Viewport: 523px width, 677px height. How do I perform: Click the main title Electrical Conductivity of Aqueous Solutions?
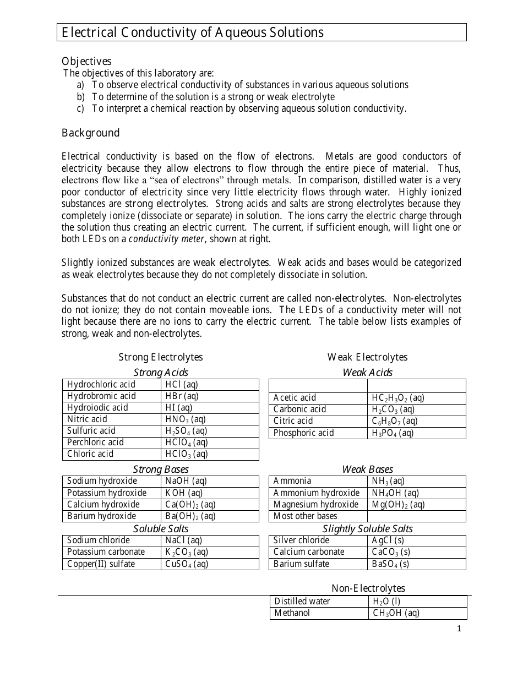pyautogui.click(x=193, y=32)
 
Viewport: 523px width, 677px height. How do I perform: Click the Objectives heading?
pyautogui.click(x=86, y=61)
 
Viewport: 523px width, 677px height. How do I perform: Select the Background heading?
pyautogui.click(x=90, y=133)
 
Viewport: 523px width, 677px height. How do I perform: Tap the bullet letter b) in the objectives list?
pyautogui.click(x=81, y=97)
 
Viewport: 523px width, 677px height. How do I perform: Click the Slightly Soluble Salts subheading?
pyautogui.click(x=367, y=528)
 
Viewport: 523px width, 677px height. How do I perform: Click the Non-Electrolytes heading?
pyautogui.click(x=368, y=588)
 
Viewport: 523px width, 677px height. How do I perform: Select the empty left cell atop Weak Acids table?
pyautogui.click(x=318, y=385)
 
